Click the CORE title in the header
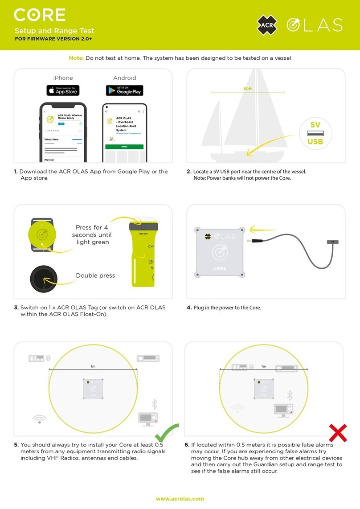tap(40, 15)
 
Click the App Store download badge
tap(63, 90)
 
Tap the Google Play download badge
tap(124, 90)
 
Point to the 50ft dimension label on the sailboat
tap(248, 89)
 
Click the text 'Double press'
tap(95, 275)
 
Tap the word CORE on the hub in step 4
tap(220, 268)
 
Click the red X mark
tap(338, 433)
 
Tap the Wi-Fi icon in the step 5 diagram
tap(40, 419)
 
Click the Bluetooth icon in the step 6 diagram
tap(290, 395)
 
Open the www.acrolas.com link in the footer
tap(180, 499)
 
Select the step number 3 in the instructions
tap(16, 308)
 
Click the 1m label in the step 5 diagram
tap(93, 366)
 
